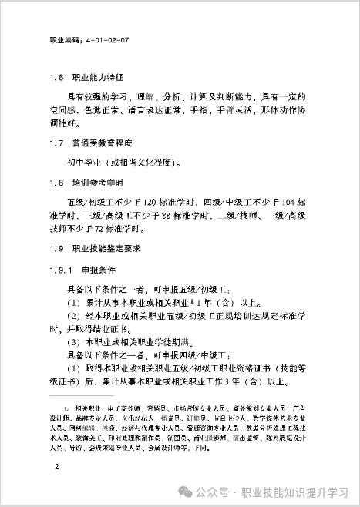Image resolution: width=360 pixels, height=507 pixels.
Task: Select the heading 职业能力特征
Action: pos(103,79)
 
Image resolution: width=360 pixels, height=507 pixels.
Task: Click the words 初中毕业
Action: pos(86,163)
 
